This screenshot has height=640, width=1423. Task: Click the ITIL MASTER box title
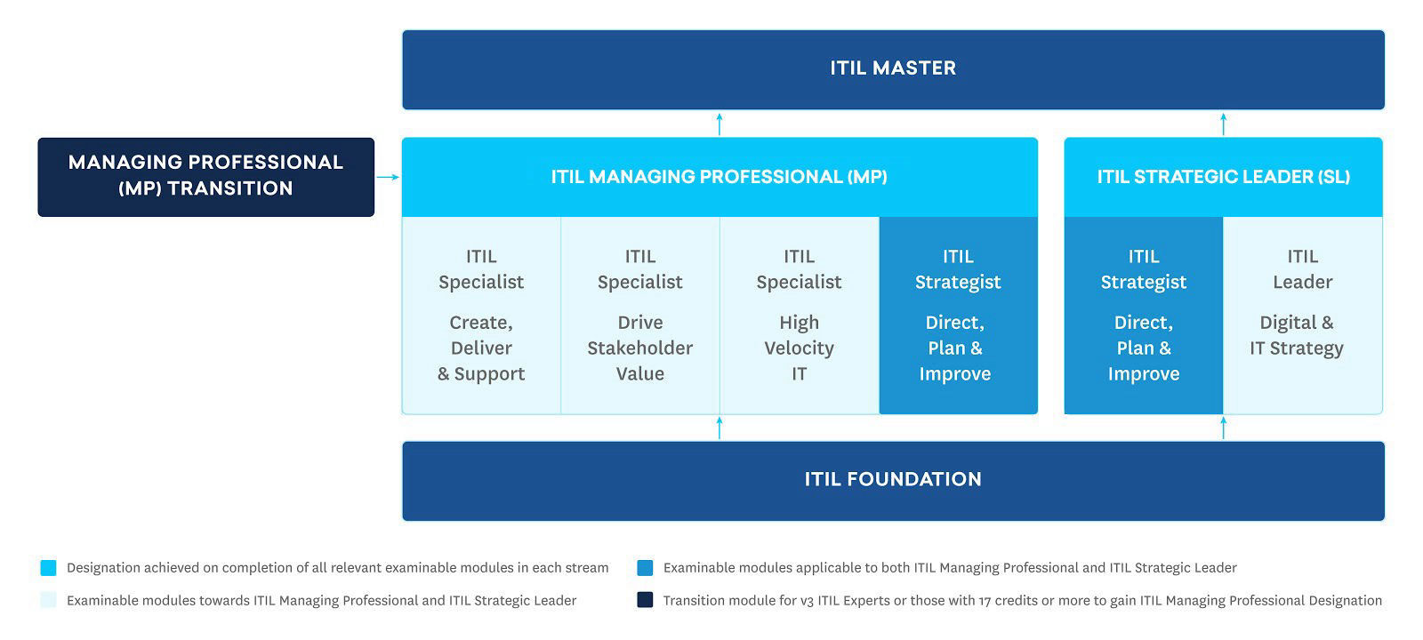pos(893,68)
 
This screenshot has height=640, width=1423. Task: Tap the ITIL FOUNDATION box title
pos(893,479)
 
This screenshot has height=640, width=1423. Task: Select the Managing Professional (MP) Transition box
pos(205,176)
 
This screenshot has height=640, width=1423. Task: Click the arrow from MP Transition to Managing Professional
pos(388,177)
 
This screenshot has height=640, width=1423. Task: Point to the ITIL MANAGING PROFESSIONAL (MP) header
pos(719,177)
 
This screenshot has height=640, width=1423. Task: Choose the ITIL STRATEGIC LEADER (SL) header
pos(1223,177)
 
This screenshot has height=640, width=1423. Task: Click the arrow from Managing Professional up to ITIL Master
pos(720,124)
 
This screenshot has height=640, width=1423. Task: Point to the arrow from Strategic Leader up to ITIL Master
pos(1223,124)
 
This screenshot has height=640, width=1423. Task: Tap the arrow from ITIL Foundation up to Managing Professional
pos(720,428)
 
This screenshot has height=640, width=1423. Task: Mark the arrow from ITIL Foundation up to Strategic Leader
pos(1223,428)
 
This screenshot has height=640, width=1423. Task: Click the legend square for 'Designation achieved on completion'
pos(48,568)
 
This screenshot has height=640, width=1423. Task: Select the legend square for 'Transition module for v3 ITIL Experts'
pos(645,600)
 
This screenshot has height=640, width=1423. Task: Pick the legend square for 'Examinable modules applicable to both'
pos(645,568)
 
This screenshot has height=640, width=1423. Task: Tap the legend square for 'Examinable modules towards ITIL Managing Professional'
pos(48,600)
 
